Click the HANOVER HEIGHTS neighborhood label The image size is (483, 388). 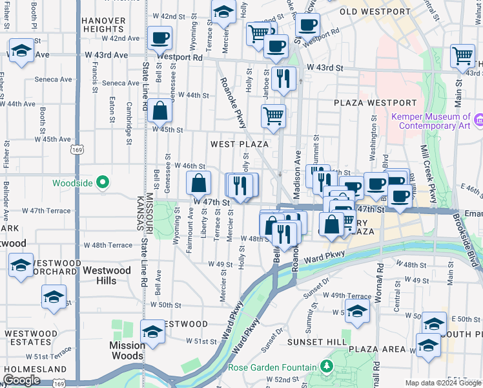(x=103, y=25)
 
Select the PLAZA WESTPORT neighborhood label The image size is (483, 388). (x=375, y=103)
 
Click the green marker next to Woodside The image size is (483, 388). (x=102, y=183)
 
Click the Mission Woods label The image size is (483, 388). (x=127, y=350)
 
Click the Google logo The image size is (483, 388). (x=22, y=380)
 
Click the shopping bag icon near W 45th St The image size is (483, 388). (x=159, y=111)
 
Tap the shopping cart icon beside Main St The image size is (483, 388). (x=462, y=56)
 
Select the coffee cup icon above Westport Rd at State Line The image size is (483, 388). (x=159, y=38)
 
